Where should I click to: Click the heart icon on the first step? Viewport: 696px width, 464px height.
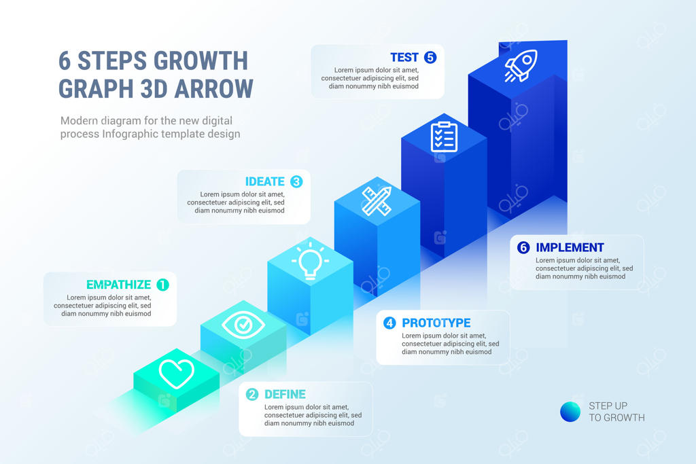(x=176, y=373)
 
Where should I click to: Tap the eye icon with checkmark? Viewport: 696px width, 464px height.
(x=243, y=325)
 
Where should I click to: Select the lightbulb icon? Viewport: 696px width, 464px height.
(x=310, y=262)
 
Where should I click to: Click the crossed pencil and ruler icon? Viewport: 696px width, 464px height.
(x=377, y=201)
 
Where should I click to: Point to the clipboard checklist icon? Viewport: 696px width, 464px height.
(x=444, y=137)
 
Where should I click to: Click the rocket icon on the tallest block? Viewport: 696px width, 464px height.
(x=520, y=66)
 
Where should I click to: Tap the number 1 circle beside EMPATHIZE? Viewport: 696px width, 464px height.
(x=163, y=285)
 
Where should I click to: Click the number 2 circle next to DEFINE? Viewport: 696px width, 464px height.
(x=252, y=394)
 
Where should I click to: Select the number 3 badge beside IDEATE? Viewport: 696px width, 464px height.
(x=296, y=181)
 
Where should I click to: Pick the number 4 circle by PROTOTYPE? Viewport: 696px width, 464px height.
(x=389, y=323)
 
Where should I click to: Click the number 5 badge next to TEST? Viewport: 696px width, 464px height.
(x=430, y=57)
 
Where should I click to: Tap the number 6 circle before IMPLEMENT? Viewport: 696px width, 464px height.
(x=523, y=247)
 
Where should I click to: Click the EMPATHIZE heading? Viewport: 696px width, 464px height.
(x=118, y=285)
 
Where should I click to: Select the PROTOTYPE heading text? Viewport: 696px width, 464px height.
(x=436, y=323)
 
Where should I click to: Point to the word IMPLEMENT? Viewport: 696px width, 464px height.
(x=570, y=247)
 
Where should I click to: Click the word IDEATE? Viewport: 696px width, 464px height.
(x=265, y=181)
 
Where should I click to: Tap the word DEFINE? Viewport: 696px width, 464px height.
(x=285, y=394)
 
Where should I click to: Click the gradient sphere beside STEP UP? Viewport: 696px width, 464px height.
(x=570, y=412)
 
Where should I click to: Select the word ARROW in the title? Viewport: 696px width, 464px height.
(x=214, y=89)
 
